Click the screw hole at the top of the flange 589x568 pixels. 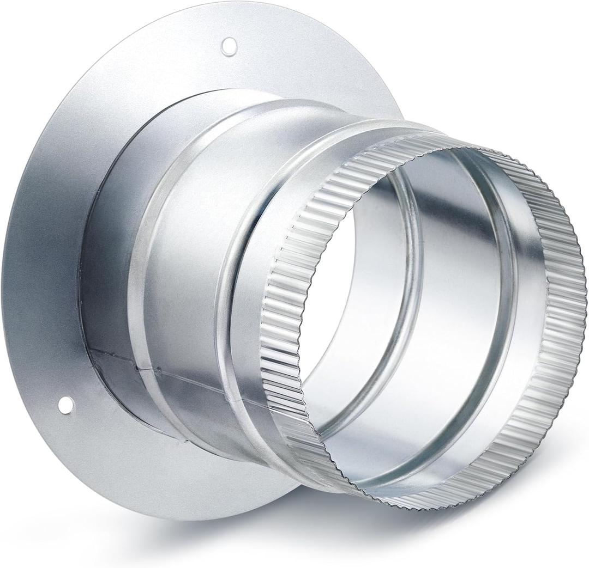click(x=229, y=46)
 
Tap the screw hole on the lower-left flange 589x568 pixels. click(x=66, y=405)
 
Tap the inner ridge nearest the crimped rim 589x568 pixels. click(x=504, y=305)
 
